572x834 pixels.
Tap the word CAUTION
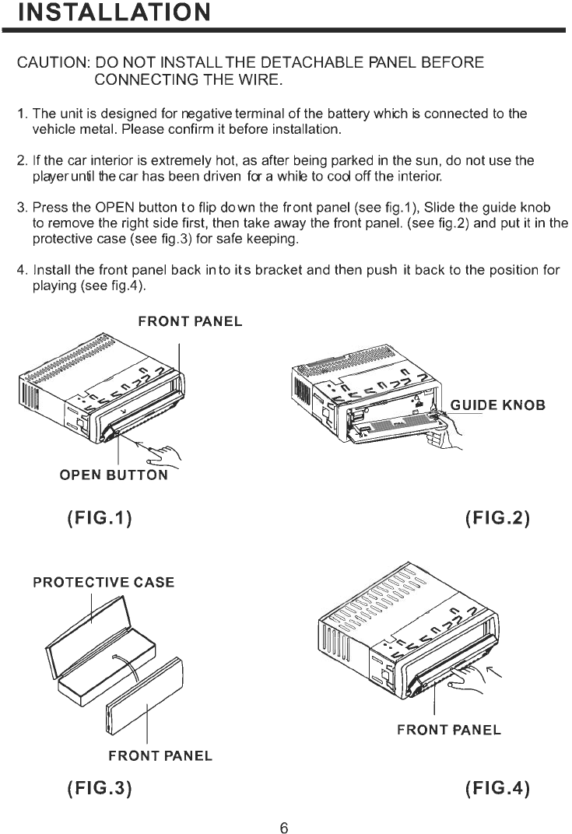point(49,62)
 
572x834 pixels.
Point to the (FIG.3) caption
point(99,787)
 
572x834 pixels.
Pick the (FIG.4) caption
point(497,787)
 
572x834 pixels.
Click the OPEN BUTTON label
point(114,475)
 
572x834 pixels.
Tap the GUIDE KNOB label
point(497,405)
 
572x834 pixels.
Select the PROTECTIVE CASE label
point(104,582)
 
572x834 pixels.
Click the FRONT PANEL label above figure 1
point(190,321)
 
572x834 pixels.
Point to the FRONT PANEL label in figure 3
point(160,755)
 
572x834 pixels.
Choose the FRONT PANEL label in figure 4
point(448,730)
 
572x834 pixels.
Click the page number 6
point(284,828)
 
